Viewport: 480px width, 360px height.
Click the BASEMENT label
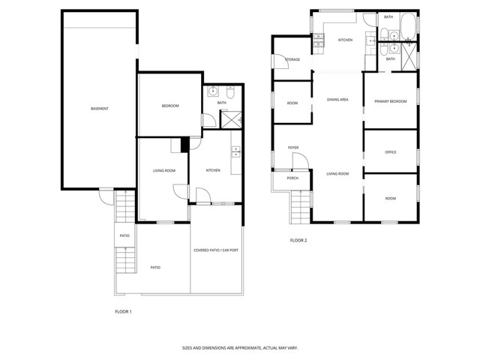pos(100,109)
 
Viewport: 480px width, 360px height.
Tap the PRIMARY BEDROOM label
pos(390,100)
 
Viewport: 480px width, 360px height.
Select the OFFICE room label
pos(390,152)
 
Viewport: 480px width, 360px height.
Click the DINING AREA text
pos(337,100)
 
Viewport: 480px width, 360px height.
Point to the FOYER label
pos(293,147)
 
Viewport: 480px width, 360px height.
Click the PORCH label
pos(292,178)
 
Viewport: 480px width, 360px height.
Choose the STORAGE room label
pos(292,59)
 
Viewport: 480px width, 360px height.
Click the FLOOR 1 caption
pos(123,310)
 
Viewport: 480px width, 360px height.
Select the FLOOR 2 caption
pos(298,240)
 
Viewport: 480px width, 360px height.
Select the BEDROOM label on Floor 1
pos(170,106)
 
